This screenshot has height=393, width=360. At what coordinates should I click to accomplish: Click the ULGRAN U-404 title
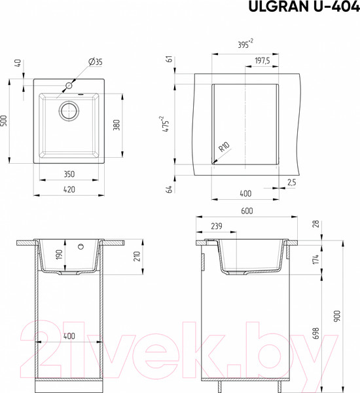[304, 7]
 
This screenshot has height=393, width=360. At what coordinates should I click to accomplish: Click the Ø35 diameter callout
[96, 62]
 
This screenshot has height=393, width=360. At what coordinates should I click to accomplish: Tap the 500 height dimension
[5, 121]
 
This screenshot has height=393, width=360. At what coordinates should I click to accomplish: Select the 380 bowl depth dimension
[117, 125]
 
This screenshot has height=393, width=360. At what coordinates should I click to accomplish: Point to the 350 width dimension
[69, 174]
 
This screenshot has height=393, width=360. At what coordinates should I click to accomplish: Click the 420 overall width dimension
[69, 189]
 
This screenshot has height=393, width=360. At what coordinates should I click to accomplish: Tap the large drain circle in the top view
[69, 110]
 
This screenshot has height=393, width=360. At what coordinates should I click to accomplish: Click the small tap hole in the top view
[69, 86]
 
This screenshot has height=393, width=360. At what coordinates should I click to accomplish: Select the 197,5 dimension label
[262, 61]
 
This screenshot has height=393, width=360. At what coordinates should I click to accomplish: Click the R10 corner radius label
[224, 147]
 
